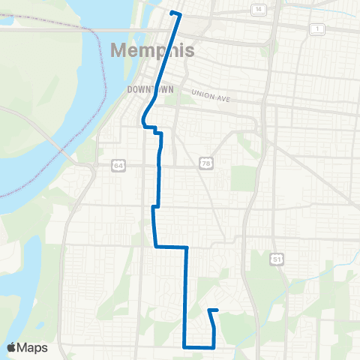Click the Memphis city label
click(x=153, y=51)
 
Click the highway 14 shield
click(x=259, y=9)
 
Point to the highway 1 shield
click(x=318, y=28)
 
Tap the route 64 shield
click(x=118, y=165)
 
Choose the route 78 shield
click(x=205, y=163)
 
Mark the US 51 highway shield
click(x=278, y=259)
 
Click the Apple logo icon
click(x=11, y=347)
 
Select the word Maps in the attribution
click(x=33, y=347)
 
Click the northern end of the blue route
click(x=172, y=13)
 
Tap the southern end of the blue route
click(x=208, y=310)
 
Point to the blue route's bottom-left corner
click(x=184, y=346)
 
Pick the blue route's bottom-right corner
click(x=214, y=346)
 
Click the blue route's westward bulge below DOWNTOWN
click(x=142, y=120)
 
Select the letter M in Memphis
click(x=119, y=51)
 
